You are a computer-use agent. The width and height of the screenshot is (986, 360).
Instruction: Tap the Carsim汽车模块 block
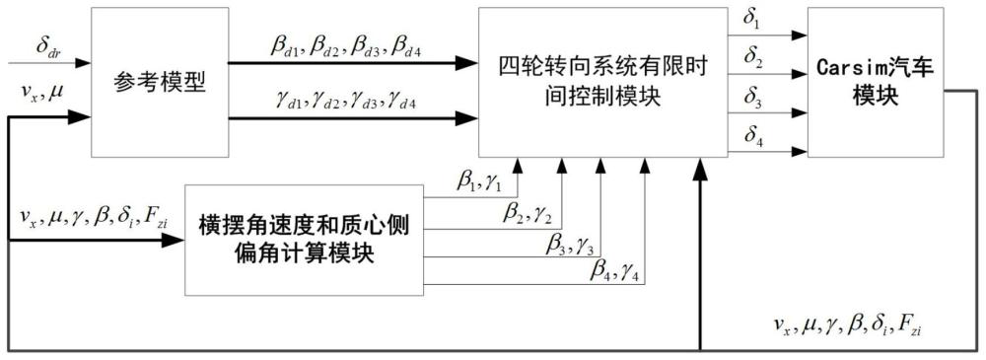coord(871,81)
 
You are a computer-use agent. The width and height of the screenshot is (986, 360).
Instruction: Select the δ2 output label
coord(752,58)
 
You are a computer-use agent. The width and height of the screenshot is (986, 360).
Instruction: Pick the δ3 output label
coord(752,98)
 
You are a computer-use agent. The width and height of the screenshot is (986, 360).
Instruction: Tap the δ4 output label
coord(752,137)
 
